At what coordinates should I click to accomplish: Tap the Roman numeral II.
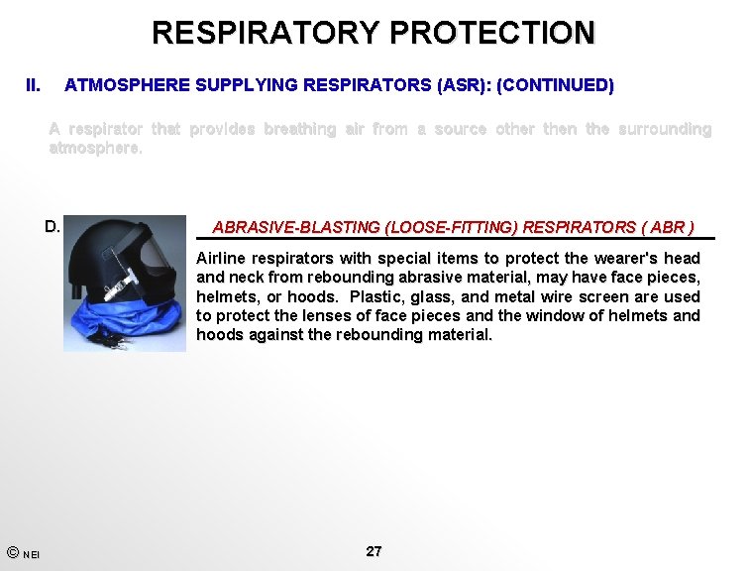coord(33,86)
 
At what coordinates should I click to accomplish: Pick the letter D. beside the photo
coord(53,226)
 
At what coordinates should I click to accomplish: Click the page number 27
coord(374,551)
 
